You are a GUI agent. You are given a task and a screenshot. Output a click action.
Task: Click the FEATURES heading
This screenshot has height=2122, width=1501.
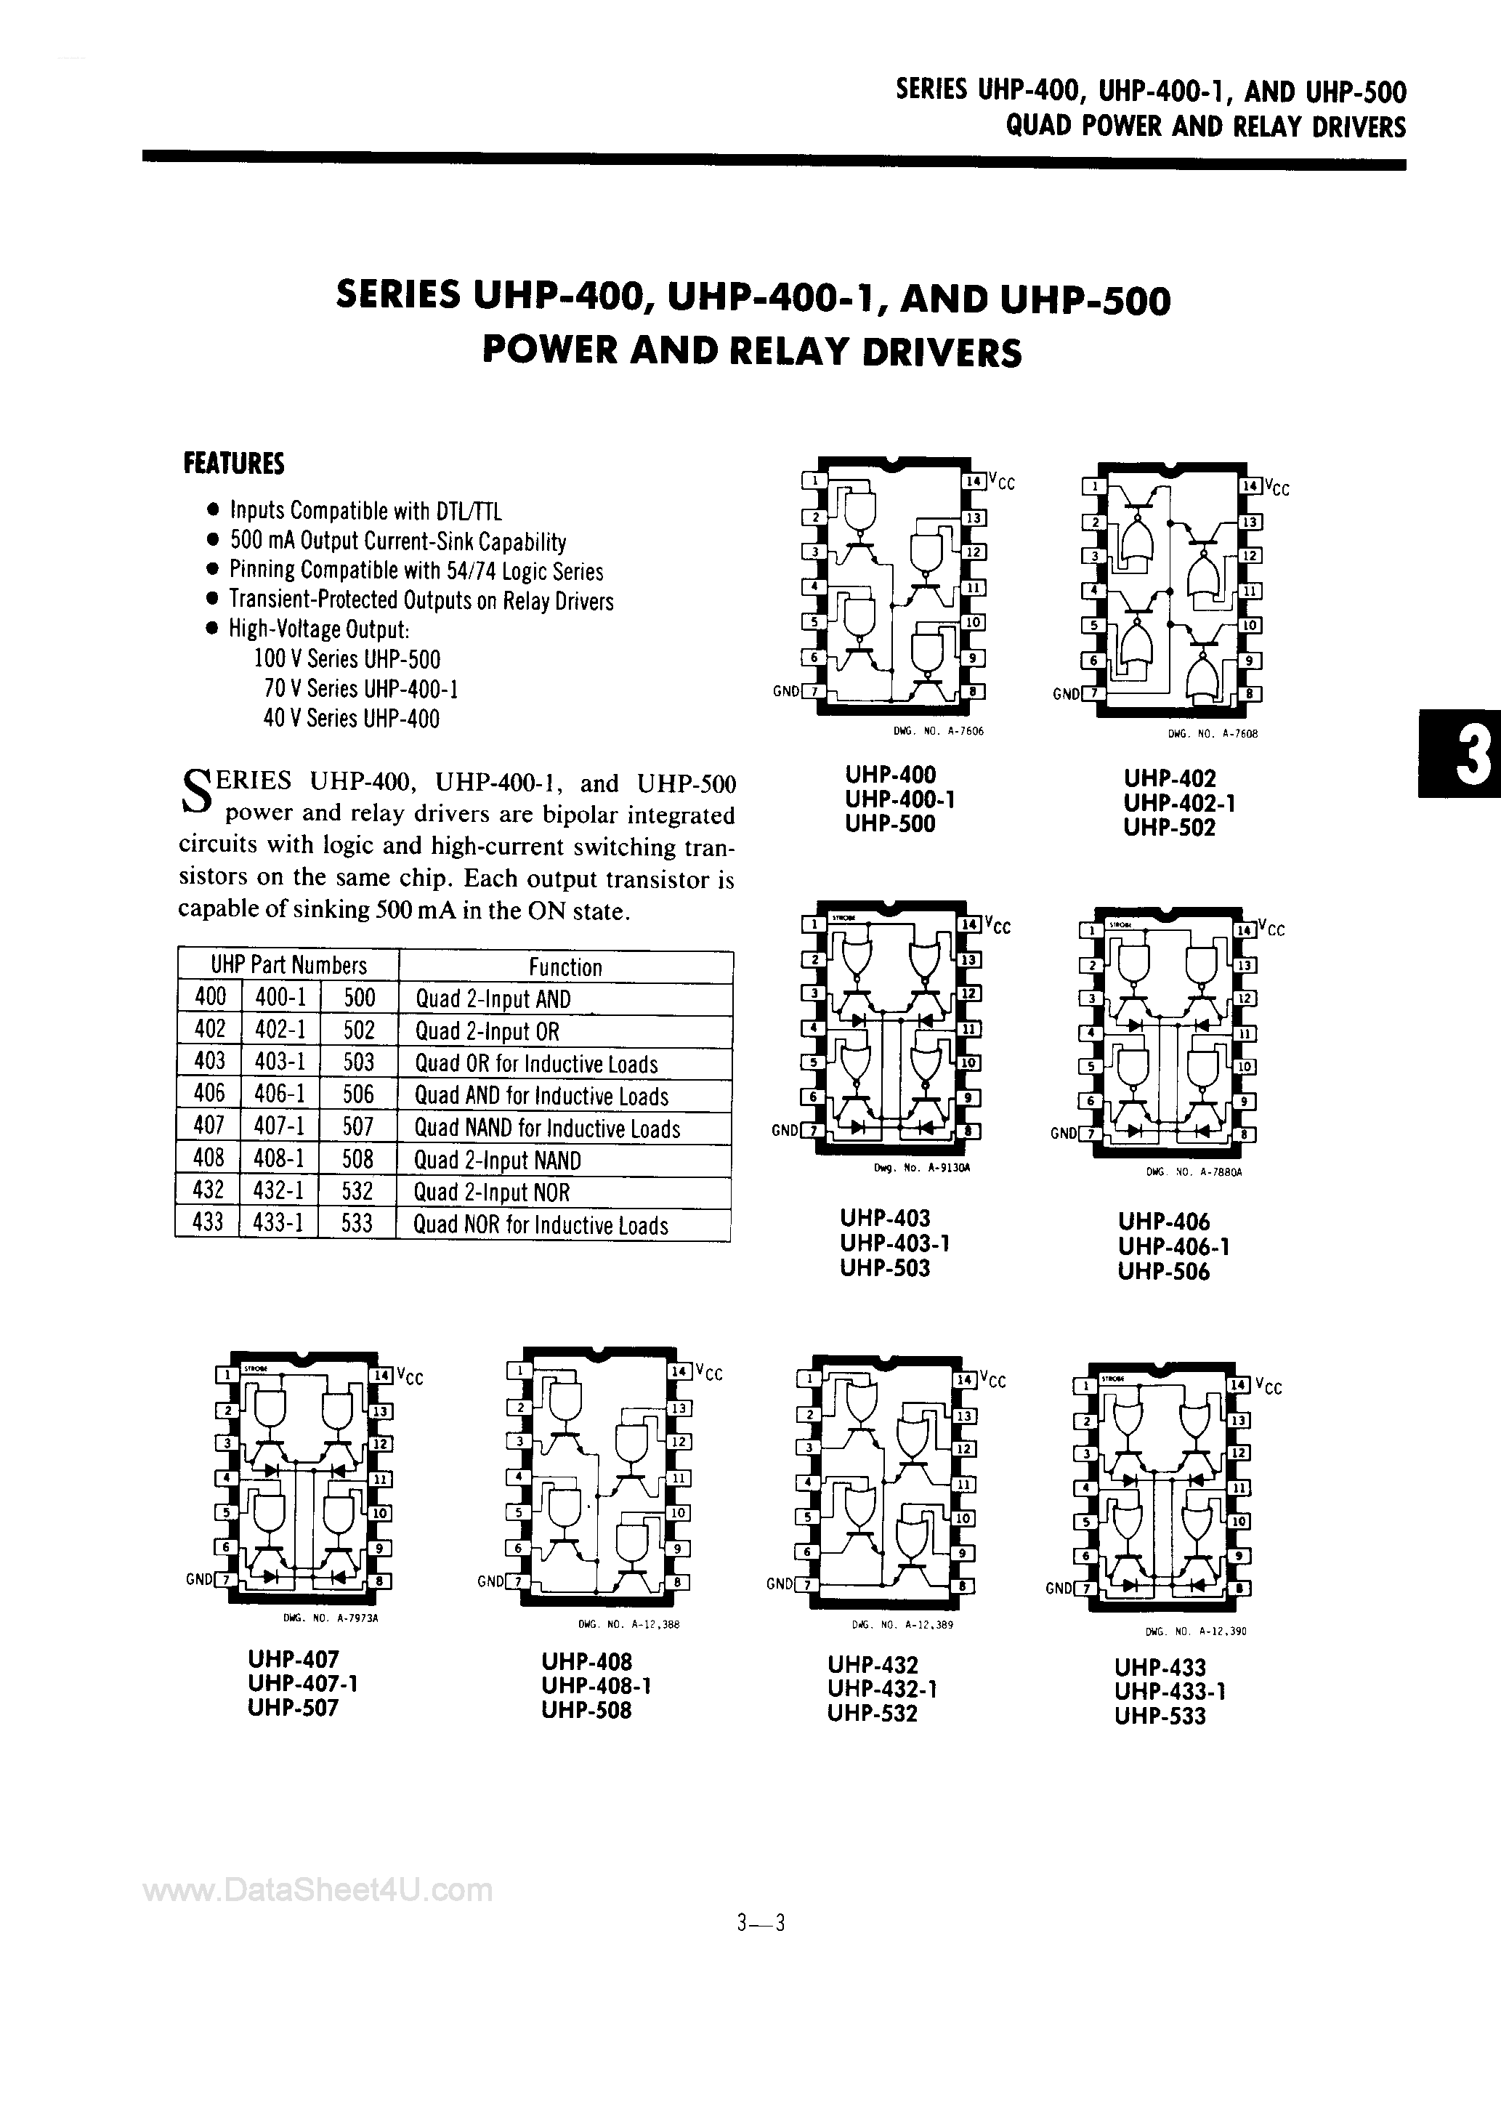pyautogui.click(x=234, y=463)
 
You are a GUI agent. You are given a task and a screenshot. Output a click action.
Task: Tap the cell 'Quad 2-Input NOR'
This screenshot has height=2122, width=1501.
pyautogui.click(x=492, y=1193)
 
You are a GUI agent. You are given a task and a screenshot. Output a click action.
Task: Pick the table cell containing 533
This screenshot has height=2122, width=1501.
pyautogui.click(x=357, y=1224)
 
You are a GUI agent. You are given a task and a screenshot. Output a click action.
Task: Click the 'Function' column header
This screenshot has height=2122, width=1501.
pyautogui.click(x=565, y=967)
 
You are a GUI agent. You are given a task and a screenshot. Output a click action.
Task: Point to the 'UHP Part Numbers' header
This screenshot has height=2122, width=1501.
pyautogui.click(x=288, y=966)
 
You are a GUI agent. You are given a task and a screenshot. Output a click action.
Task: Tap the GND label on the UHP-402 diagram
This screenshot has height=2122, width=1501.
pyautogui.click(x=1066, y=694)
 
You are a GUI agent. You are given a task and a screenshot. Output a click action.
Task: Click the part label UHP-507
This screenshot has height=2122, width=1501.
pyautogui.click(x=293, y=1708)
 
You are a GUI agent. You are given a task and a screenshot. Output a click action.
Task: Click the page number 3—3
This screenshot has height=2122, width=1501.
pyautogui.click(x=761, y=1924)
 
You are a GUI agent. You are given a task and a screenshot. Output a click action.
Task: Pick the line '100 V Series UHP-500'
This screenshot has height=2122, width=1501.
pyautogui.click(x=347, y=659)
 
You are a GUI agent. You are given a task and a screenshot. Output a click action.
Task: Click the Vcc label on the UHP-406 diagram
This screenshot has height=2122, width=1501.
pyautogui.click(x=1274, y=929)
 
